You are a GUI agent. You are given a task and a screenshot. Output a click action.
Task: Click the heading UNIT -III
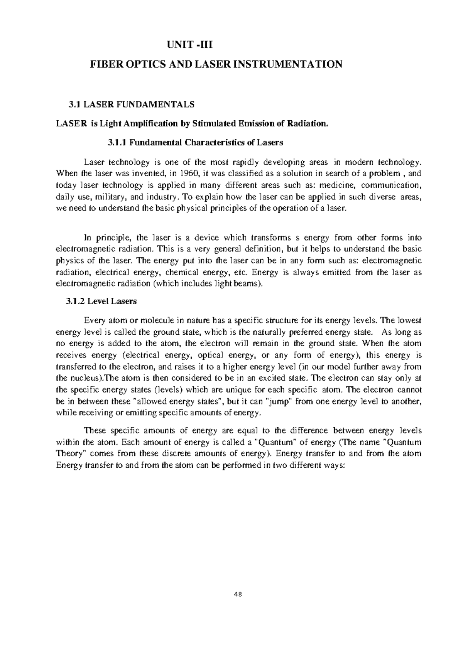189,46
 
